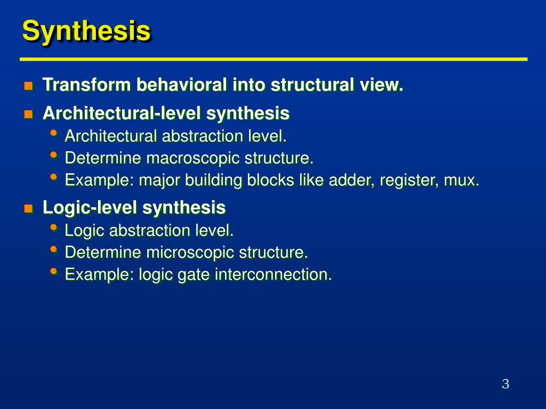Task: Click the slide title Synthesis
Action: pos(86,31)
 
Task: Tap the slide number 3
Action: pos(505,384)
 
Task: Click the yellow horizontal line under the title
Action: pos(273,59)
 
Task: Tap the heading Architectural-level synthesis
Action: pos(166,113)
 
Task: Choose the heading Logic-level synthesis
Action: pos(134,207)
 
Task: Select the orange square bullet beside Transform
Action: pos(28,85)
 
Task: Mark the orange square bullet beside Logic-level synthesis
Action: pos(28,208)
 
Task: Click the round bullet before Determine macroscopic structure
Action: pos(53,156)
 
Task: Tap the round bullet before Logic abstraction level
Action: pos(53,228)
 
